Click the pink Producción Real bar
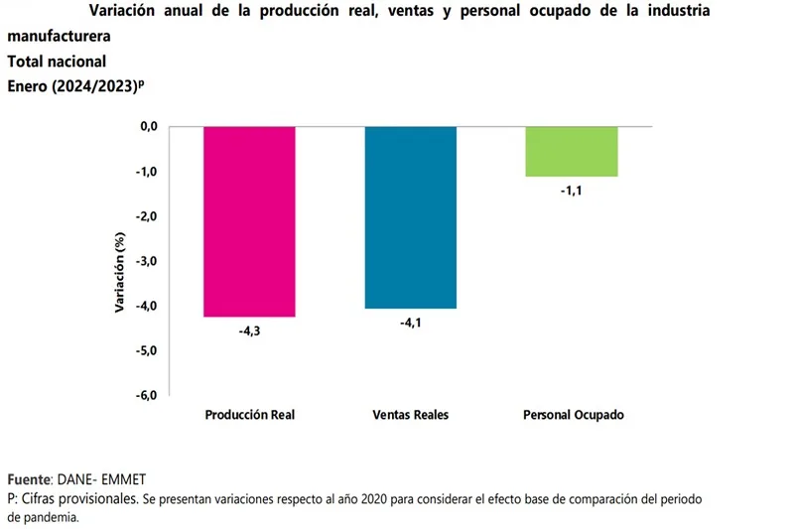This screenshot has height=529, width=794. [249, 220]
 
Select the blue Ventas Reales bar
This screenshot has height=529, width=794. [411, 216]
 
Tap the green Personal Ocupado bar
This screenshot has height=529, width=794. [572, 152]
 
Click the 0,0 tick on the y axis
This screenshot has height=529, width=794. [149, 127]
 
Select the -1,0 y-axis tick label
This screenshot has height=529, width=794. [147, 172]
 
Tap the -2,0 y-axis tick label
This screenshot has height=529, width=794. [147, 216]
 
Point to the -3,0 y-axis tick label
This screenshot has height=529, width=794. [147, 261]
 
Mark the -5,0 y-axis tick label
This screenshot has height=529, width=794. [147, 350]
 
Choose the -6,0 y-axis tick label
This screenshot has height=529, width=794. [147, 395]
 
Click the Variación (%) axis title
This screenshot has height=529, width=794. [119, 270]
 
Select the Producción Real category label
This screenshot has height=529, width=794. [250, 415]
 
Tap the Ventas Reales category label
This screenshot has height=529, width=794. [411, 415]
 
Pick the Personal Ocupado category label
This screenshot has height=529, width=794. [573, 415]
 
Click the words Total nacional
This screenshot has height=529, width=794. [57, 61]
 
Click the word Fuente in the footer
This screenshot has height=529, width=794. [29, 478]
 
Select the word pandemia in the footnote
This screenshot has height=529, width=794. [52, 517]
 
